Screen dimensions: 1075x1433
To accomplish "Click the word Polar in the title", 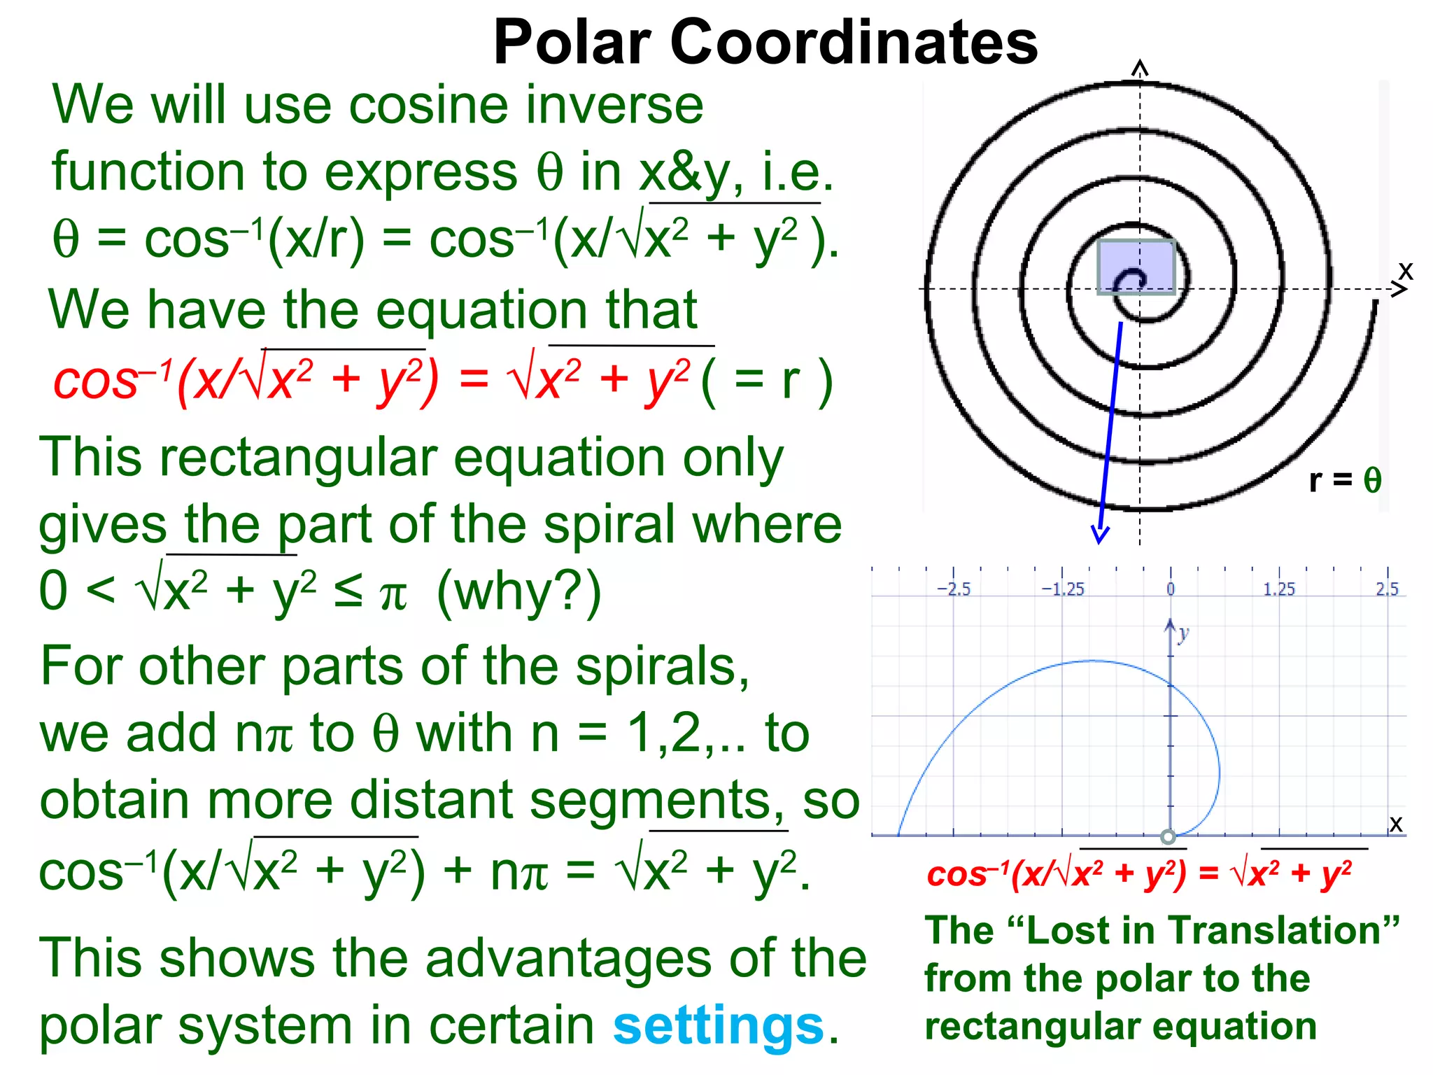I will pyautogui.click(x=572, y=42).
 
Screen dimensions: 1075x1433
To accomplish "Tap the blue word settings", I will pyautogui.click(x=719, y=1025).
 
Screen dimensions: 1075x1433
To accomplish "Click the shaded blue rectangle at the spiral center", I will pyautogui.click(x=1136, y=267).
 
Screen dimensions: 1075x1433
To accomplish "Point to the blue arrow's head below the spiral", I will pyautogui.click(x=1100, y=536).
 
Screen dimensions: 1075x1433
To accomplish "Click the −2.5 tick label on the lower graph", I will pyautogui.click(x=954, y=589).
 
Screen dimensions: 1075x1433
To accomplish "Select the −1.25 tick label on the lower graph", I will pyautogui.click(x=1062, y=589).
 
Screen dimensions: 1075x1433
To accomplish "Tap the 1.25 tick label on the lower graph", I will pyautogui.click(x=1279, y=589).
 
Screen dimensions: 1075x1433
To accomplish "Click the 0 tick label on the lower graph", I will pyautogui.click(x=1171, y=589).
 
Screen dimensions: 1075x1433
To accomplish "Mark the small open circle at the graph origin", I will pyautogui.click(x=1168, y=836).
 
